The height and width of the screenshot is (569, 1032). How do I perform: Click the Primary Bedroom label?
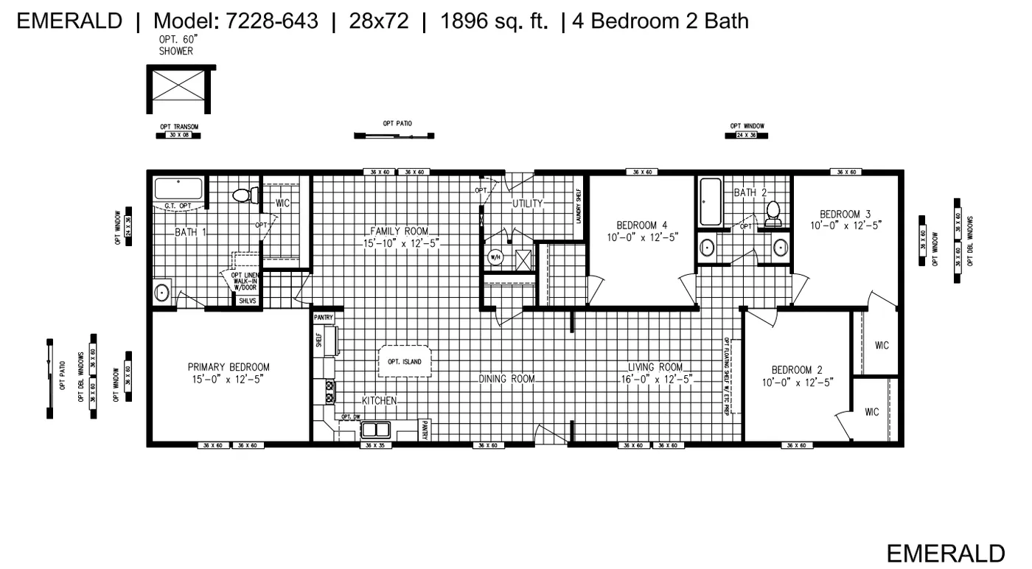tap(229, 367)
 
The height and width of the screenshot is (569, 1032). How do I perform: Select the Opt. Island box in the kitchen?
tap(405, 362)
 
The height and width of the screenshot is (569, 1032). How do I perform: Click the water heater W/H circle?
tap(495, 257)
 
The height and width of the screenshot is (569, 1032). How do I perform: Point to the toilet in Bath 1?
tap(244, 195)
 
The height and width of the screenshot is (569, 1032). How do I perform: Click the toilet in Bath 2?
tap(773, 212)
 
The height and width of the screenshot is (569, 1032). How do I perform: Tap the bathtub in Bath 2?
tap(711, 202)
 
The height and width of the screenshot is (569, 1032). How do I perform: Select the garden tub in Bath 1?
tap(178, 189)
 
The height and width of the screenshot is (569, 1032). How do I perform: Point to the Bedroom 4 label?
tap(641, 225)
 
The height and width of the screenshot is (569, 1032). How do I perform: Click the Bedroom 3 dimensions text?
tap(846, 225)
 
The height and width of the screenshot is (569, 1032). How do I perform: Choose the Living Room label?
tap(655, 367)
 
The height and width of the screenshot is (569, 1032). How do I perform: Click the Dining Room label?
tap(506, 379)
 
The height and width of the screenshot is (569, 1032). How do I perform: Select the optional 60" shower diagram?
tap(180, 90)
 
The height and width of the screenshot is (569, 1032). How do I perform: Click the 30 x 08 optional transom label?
tap(178, 136)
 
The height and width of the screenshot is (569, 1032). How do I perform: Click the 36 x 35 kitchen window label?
tap(371, 446)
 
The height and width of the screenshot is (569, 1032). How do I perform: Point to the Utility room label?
tap(528, 203)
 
